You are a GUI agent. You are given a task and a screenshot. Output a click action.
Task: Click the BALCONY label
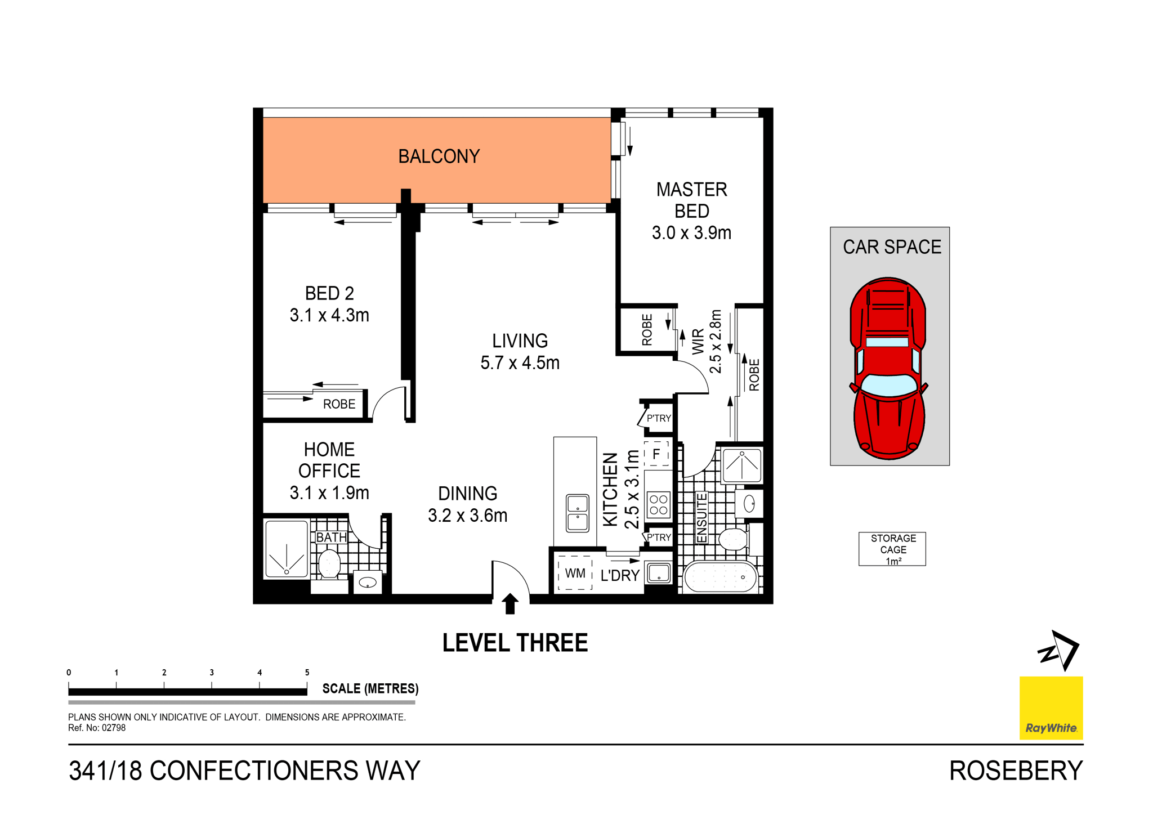[x=439, y=156]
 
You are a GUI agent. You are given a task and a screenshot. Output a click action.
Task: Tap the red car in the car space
[x=888, y=369]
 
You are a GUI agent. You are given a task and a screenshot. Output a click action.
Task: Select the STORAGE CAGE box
[x=892, y=549]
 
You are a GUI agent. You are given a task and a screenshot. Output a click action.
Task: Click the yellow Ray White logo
[x=1051, y=707]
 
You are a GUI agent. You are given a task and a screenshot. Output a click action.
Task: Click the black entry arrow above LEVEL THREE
[x=510, y=603]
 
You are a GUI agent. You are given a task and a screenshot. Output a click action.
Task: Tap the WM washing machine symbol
[x=575, y=573]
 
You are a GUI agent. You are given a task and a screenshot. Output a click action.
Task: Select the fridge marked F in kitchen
[x=656, y=454]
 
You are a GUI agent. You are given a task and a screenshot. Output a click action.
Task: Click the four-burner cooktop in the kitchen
[x=658, y=504]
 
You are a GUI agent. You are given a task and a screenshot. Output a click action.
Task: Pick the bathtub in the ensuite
[x=720, y=577]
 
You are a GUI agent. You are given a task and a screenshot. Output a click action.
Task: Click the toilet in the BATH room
[x=329, y=563]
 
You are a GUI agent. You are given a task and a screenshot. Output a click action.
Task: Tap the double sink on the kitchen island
[x=577, y=513]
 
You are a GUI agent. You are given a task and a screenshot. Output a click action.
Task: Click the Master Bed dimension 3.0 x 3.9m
[x=691, y=233]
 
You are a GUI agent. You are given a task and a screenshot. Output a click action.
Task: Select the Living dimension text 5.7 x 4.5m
[x=520, y=363]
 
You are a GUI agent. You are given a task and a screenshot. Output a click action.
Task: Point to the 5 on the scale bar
[x=307, y=673]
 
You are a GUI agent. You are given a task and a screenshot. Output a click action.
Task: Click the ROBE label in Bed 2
[x=339, y=404]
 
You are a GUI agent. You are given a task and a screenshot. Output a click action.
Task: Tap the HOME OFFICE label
[x=329, y=460]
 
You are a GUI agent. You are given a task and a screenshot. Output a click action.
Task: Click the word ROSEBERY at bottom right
[x=1016, y=771]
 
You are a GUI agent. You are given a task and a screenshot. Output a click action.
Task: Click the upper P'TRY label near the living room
[x=659, y=418]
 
